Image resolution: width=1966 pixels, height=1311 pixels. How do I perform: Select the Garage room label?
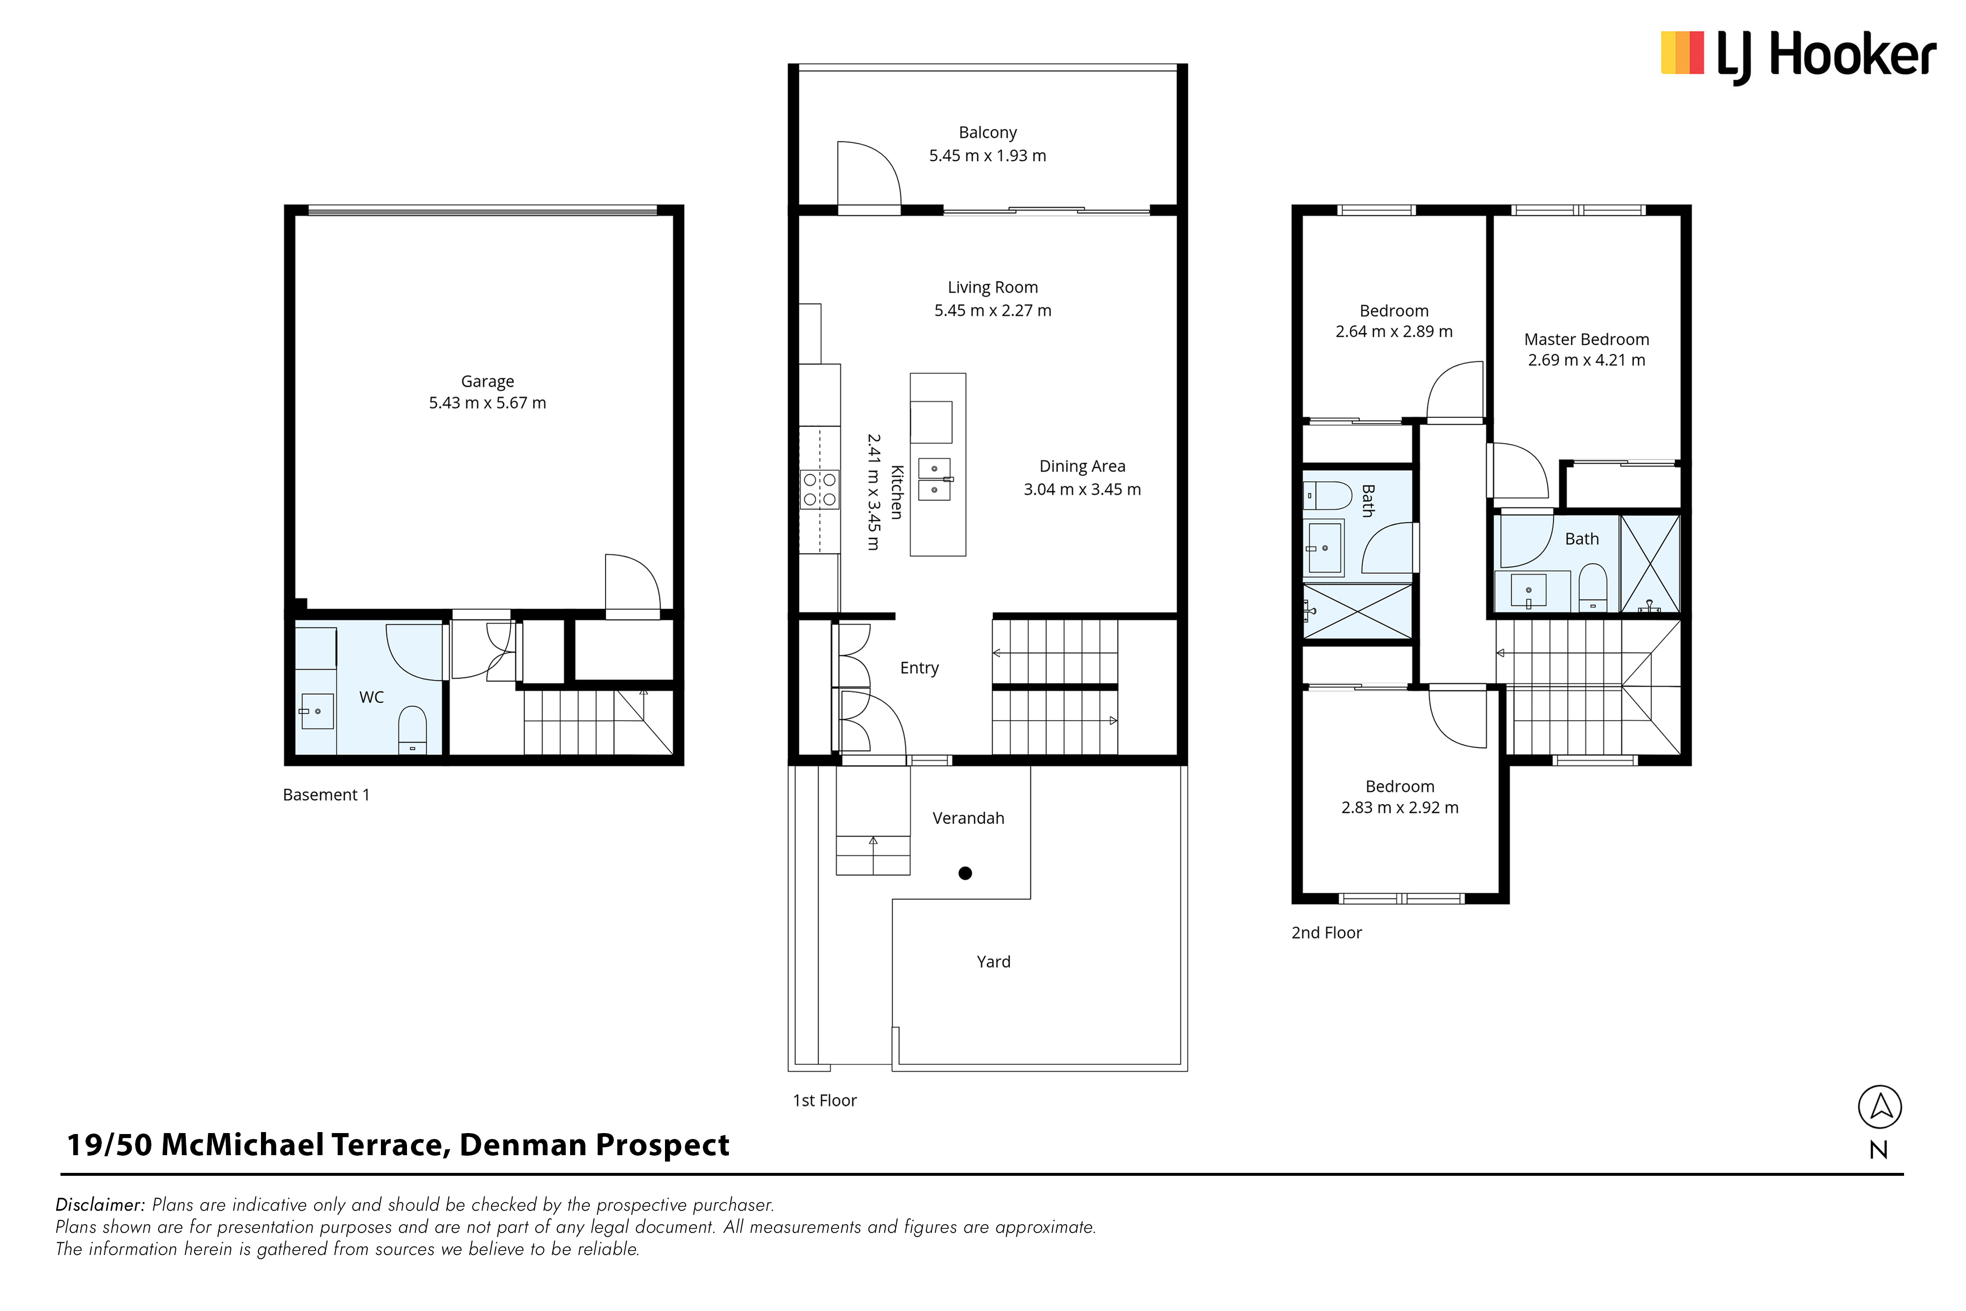click(x=487, y=381)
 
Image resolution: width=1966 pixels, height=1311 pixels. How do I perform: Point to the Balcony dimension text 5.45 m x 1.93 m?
click(x=987, y=155)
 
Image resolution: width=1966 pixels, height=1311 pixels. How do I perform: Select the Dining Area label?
click(x=1082, y=466)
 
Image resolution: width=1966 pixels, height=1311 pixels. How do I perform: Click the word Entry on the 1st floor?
click(x=920, y=668)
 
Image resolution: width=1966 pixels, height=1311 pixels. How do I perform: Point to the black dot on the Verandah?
click(x=965, y=874)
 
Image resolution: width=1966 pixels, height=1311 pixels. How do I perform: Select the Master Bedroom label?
click(x=1587, y=340)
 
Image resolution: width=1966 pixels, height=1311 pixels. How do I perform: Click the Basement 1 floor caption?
click(x=326, y=795)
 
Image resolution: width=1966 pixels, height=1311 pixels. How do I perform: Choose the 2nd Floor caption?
click(x=1327, y=933)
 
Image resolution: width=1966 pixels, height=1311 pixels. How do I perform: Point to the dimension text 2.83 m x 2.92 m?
click(x=1400, y=808)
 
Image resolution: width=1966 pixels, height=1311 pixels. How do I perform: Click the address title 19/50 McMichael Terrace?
click(x=259, y=1145)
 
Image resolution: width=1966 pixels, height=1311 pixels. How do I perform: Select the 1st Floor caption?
click(x=825, y=1101)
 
